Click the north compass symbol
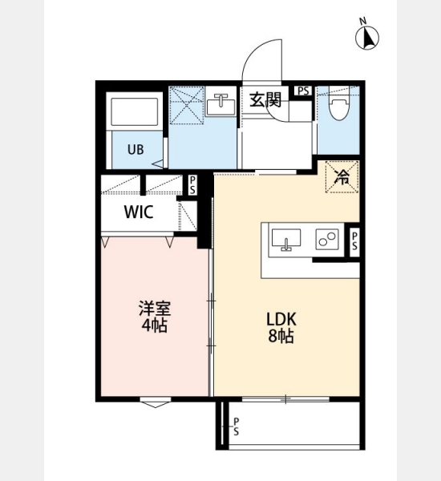(x=367, y=35)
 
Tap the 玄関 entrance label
(x=265, y=100)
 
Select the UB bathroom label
(x=136, y=150)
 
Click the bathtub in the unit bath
(x=135, y=111)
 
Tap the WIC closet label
(x=139, y=212)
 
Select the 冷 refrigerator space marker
(x=342, y=176)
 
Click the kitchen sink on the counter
(x=286, y=239)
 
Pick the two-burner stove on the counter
(x=327, y=239)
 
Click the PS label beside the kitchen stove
(x=354, y=240)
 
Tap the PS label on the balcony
(x=236, y=426)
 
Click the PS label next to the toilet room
(x=304, y=91)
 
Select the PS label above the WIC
(x=192, y=185)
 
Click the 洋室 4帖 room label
(x=155, y=317)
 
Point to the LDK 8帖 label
(x=281, y=328)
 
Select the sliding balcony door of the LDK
(x=285, y=399)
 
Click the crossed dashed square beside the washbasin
(x=187, y=105)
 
